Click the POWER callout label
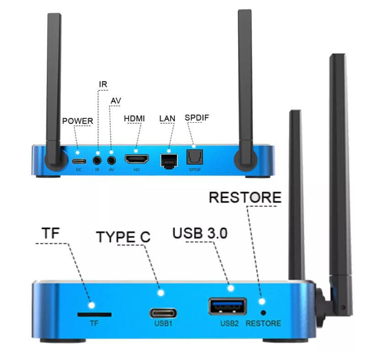pyautogui.click(x=77, y=121)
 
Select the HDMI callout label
pyautogui.click(x=134, y=119)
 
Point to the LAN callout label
pyautogui.click(x=167, y=119)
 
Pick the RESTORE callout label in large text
pyautogui.click(x=245, y=197)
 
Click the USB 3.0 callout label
pyautogui.click(x=200, y=233)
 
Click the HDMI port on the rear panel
pyautogui.click(x=137, y=160)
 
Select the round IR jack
pyautogui.click(x=97, y=160)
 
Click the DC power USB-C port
pyautogui.click(x=79, y=161)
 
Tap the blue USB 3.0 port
pyautogui.click(x=227, y=307)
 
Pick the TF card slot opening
pyautogui.click(x=94, y=315)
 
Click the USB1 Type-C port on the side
pyautogui.click(x=162, y=313)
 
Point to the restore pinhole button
pyautogui.click(x=264, y=313)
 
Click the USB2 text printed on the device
pyautogui.click(x=229, y=323)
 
